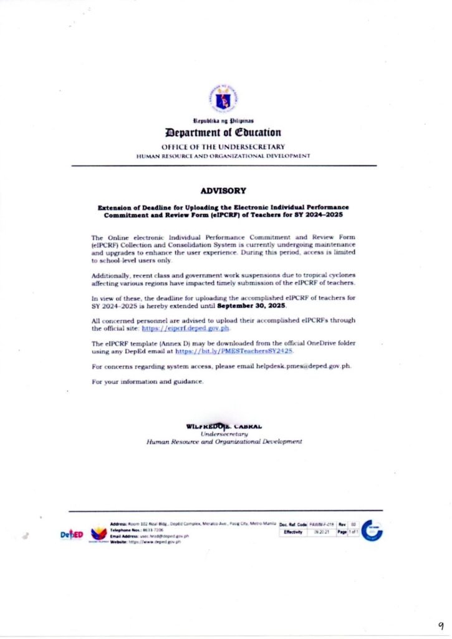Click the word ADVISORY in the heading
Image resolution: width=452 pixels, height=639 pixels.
click(223, 190)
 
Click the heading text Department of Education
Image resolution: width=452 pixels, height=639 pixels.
click(223, 132)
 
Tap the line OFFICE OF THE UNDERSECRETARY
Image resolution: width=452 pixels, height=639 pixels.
click(223, 147)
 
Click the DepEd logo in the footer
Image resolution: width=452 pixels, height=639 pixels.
click(72, 535)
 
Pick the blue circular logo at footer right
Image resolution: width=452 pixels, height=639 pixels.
click(372, 530)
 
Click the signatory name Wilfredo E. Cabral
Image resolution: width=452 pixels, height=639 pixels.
click(224, 426)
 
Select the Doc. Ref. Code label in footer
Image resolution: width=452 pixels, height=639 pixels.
click(294, 525)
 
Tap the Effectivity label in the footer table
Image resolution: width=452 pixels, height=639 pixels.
click(293, 532)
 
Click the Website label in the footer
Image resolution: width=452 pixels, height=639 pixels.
click(119, 543)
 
